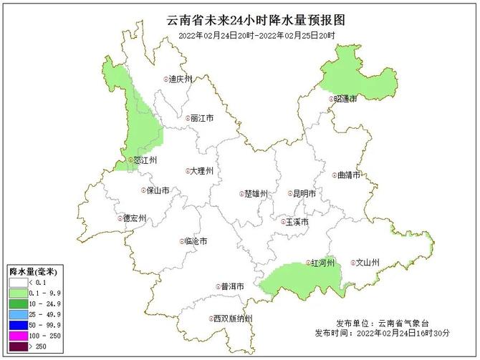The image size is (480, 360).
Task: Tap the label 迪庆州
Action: (180, 79)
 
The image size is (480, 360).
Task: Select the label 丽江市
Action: (202, 118)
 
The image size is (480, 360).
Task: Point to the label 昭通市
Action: (345, 99)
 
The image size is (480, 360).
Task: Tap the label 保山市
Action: (157, 190)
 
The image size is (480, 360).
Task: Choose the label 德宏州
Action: (134, 218)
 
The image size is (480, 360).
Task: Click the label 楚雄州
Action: (255, 194)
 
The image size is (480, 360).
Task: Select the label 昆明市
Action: (304, 193)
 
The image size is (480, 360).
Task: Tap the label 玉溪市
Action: (297, 222)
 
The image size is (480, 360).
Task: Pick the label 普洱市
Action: (232, 286)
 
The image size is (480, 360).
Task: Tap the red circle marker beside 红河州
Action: (309, 263)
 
